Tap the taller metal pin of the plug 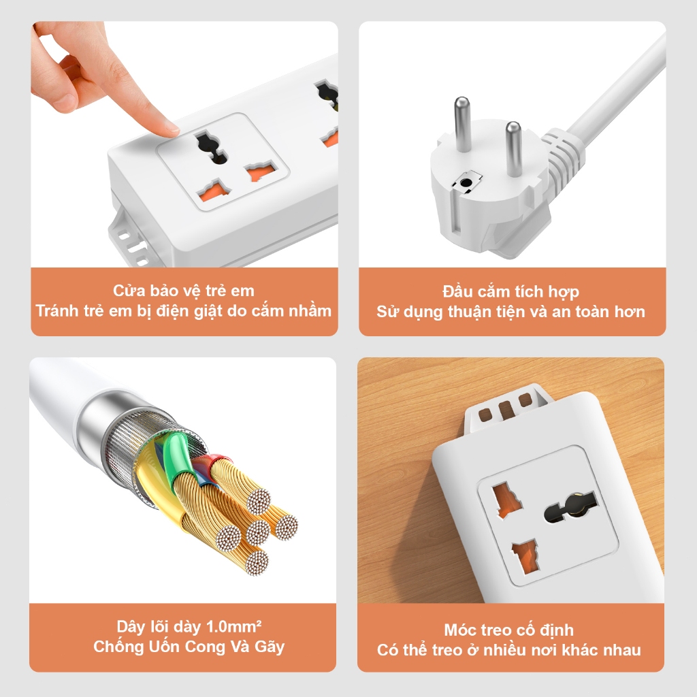pyautogui.click(x=462, y=124)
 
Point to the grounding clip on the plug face pyautogui.click(x=467, y=182)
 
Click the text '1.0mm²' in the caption pyautogui.click(x=234, y=626)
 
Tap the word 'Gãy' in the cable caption pyautogui.click(x=270, y=647)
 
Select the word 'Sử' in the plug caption pyautogui.click(x=387, y=311)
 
